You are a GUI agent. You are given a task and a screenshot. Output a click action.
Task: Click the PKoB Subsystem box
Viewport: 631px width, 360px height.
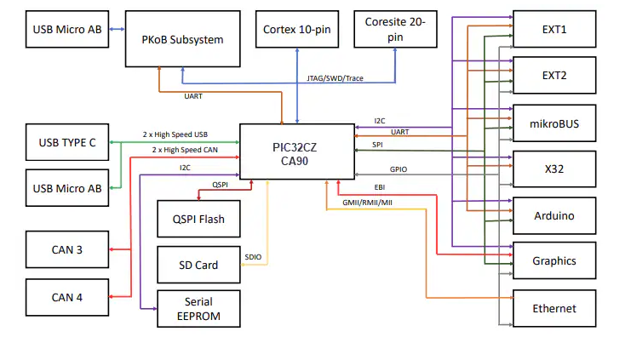183,39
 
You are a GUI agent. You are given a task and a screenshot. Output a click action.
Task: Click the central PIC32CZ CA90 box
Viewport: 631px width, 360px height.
295,151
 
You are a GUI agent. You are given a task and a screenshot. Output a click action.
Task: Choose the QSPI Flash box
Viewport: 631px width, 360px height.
198,219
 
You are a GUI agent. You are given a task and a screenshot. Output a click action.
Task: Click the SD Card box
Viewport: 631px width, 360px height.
198,265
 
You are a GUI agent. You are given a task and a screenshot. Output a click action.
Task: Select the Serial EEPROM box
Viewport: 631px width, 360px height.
198,309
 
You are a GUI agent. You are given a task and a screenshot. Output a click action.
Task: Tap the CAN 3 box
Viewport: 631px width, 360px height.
67,249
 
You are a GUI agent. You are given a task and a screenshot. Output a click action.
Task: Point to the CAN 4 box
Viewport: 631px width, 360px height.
67,297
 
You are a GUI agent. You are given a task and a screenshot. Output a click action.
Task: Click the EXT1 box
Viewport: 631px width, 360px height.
554,30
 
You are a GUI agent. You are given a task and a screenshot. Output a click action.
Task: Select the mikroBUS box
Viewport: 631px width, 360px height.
554,123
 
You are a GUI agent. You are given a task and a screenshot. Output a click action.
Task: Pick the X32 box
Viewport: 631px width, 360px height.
554,169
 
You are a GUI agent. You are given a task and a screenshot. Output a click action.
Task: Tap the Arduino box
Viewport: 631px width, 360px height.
554,215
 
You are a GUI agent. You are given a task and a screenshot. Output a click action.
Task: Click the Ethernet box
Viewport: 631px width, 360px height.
554,308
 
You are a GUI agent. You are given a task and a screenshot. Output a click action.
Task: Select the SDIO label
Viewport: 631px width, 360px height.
253,256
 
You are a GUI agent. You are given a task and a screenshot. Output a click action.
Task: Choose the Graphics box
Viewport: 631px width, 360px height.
554,261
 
